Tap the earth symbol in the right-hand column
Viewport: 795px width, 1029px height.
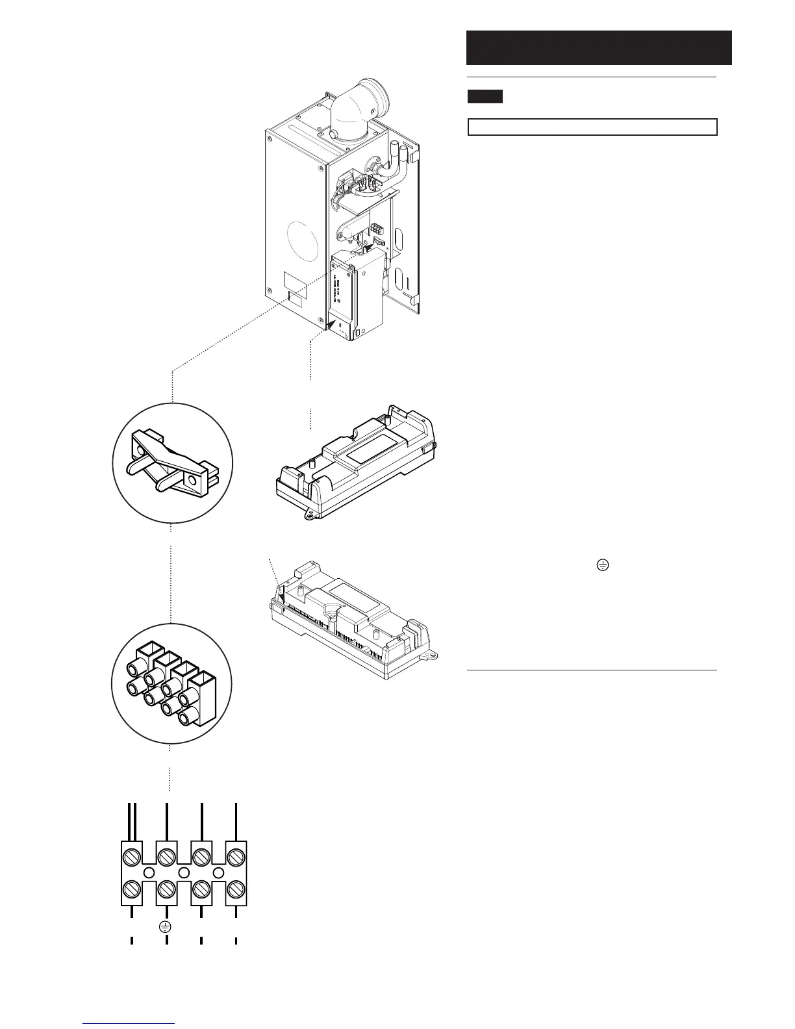pos(602,566)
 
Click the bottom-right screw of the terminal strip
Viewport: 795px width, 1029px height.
pos(236,887)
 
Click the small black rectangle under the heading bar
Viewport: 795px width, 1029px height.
pos(485,97)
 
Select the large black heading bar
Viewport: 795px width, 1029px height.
pos(599,47)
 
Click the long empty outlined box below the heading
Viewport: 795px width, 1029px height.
pos(592,127)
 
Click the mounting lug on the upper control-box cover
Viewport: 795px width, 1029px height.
pos(310,513)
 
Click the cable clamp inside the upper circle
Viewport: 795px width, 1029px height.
pos(172,461)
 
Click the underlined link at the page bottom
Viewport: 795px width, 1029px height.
pos(129,1024)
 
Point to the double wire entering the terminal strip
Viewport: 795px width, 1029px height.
pos(132,822)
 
